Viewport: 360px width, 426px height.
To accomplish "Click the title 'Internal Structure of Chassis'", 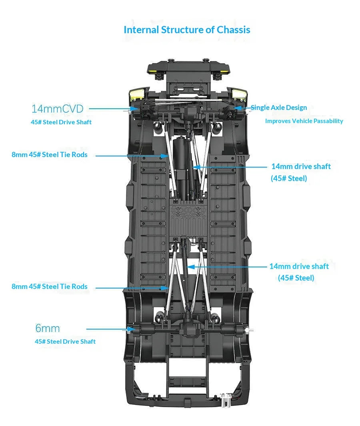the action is point(187,30).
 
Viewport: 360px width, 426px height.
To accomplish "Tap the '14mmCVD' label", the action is point(57,109).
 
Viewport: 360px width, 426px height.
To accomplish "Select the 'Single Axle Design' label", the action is point(279,107).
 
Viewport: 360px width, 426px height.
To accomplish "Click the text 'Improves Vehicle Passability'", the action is point(304,121).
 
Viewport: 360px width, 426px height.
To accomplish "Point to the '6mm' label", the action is point(48,328).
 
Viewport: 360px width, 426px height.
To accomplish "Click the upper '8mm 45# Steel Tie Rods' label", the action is point(50,155).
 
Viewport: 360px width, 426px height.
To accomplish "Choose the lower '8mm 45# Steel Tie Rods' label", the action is point(50,287).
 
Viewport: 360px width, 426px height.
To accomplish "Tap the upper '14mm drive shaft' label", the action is point(301,166).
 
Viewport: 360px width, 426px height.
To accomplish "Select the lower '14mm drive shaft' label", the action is point(299,266).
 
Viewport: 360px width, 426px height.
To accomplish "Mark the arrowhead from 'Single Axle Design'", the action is point(237,108).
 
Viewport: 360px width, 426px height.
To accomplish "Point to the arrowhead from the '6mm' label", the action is point(132,329).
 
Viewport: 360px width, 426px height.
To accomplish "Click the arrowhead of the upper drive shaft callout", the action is point(196,167).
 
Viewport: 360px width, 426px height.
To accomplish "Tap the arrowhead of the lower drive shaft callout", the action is point(191,267).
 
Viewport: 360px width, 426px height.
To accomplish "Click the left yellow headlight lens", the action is point(137,94).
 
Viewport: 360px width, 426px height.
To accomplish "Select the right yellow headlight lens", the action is point(239,94).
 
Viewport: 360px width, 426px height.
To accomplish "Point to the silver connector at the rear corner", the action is point(226,400).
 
